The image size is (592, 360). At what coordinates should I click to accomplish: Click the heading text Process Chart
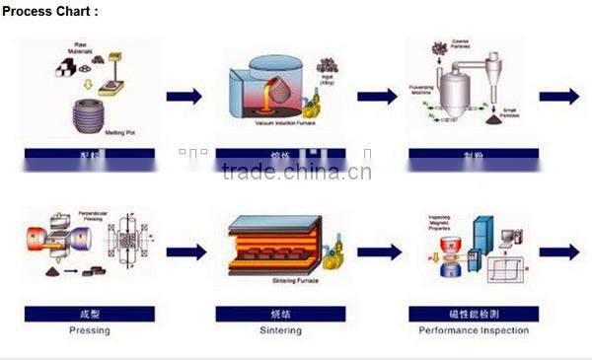49,11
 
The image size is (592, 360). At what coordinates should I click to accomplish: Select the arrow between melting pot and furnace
184,96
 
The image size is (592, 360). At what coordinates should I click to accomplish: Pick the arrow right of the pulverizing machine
558,96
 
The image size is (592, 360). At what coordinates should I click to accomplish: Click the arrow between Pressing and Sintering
185,252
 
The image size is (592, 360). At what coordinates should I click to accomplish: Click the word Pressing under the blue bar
89,330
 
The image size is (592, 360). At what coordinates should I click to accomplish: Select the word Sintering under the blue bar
282,330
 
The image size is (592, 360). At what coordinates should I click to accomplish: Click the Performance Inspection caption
474,330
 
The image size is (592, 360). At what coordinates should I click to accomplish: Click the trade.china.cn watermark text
296,173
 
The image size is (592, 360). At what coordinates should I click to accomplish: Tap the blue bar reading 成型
89,315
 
